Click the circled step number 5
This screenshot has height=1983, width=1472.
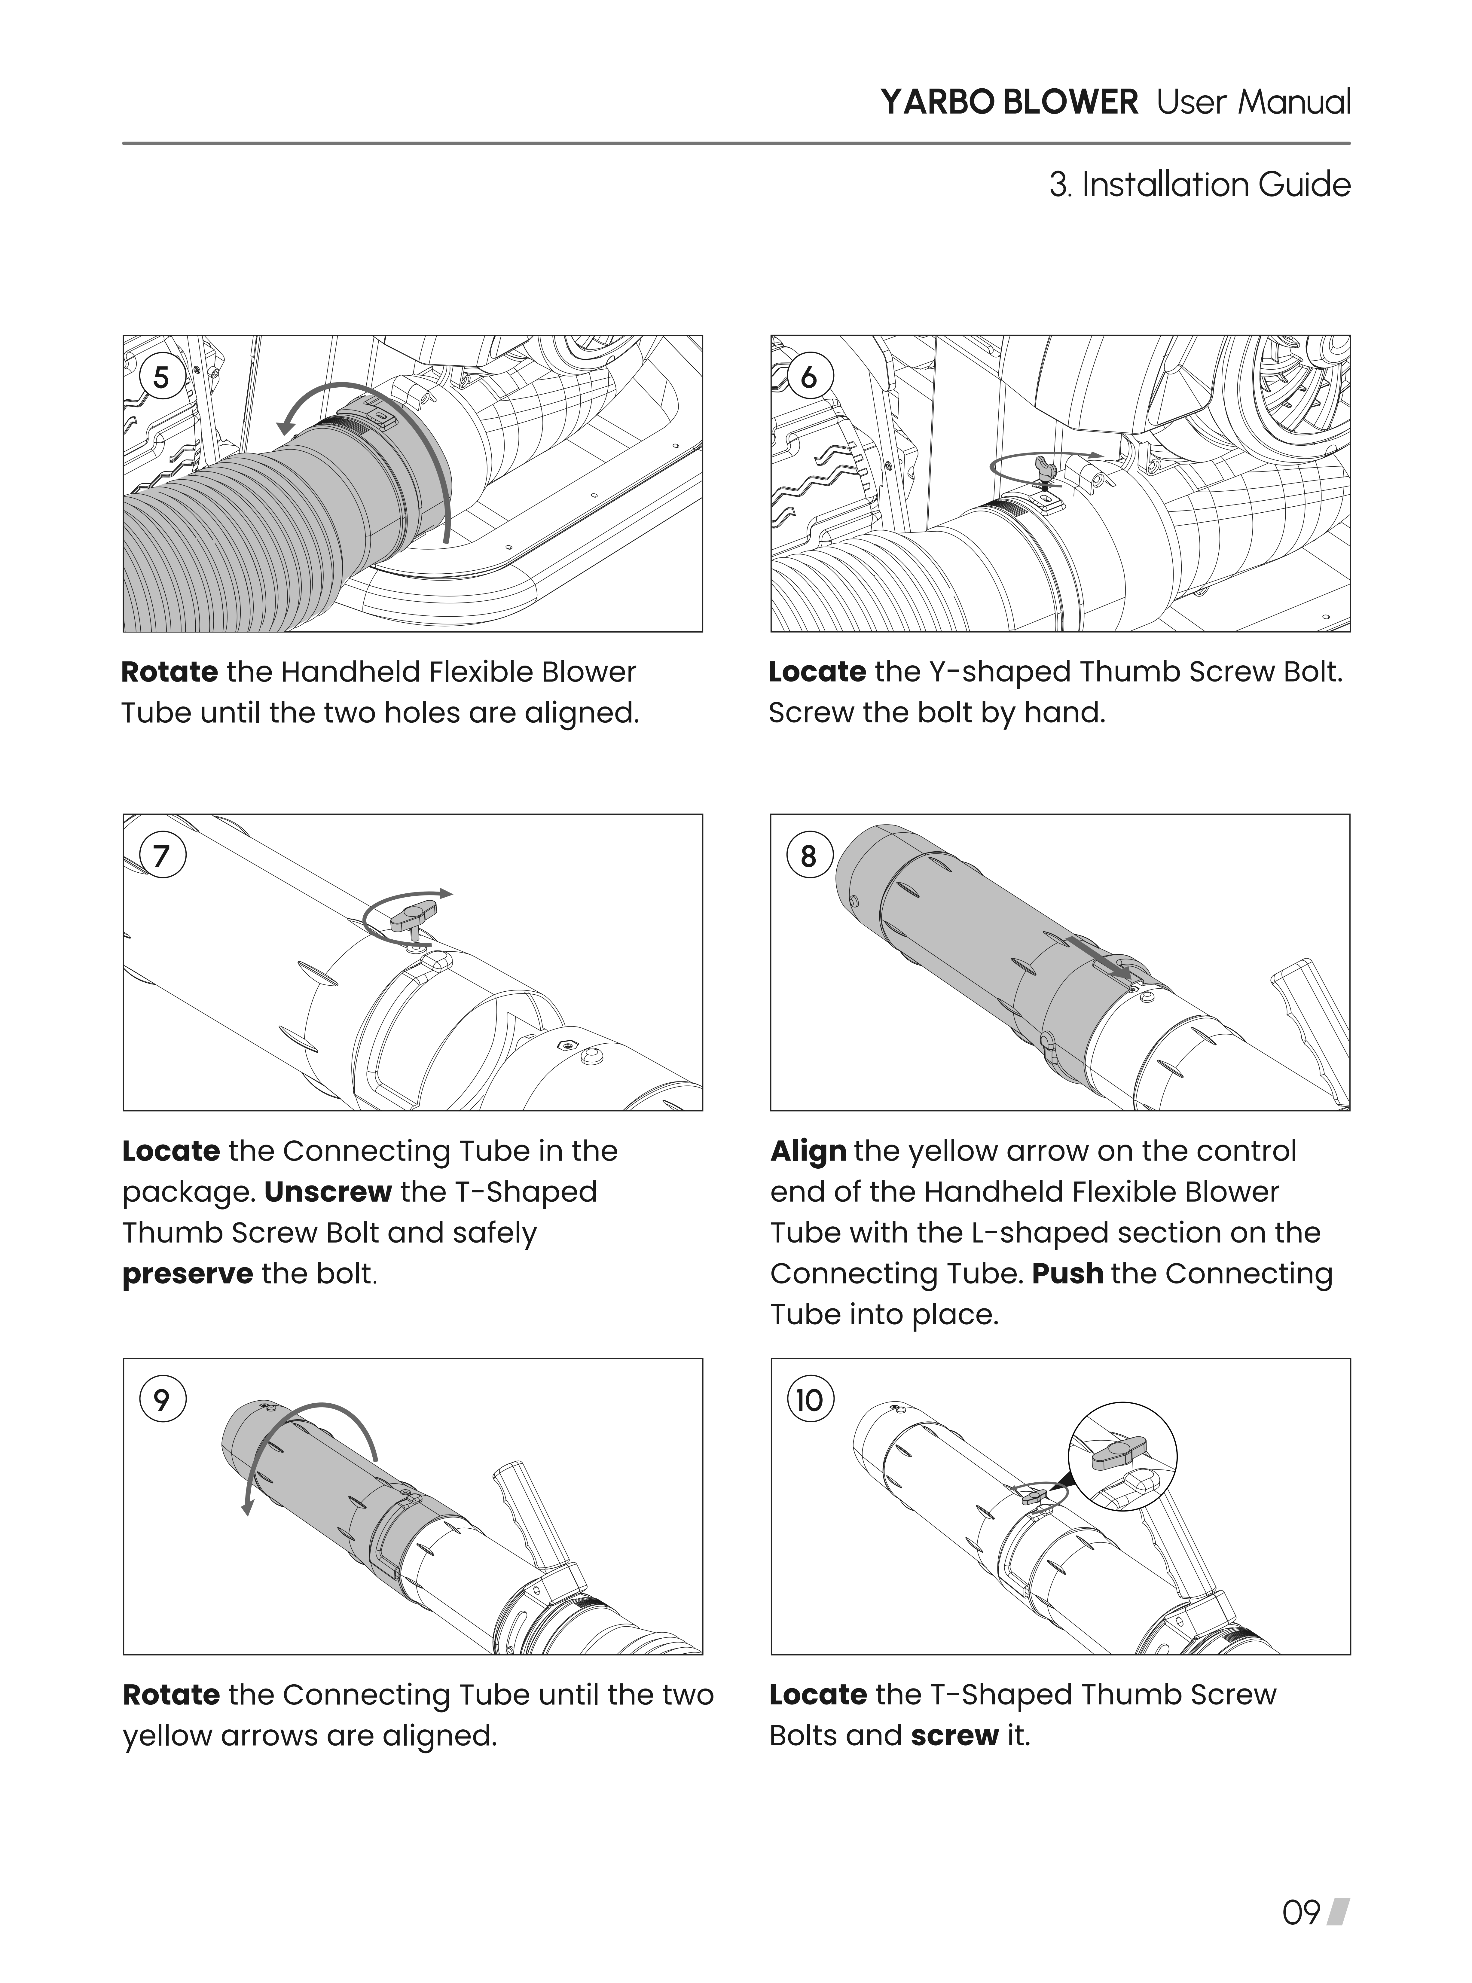click(161, 378)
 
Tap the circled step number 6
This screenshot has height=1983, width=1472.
click(808, 378)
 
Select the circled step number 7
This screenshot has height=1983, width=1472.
click(161, 856)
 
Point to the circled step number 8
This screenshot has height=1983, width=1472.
click(808, 856)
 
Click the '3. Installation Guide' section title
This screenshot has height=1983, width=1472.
click(1199, 185)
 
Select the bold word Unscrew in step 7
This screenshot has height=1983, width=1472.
click(328, 1192)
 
